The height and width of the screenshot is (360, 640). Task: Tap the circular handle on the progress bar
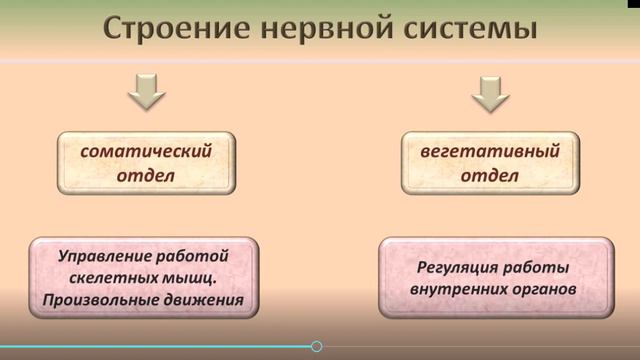pos(317,347)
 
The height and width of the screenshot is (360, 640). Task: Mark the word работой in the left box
pos(197,256)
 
